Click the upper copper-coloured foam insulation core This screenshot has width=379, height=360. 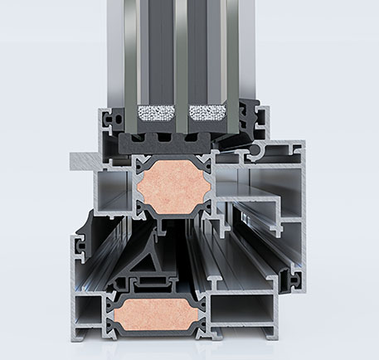click(x=172, y=189)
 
